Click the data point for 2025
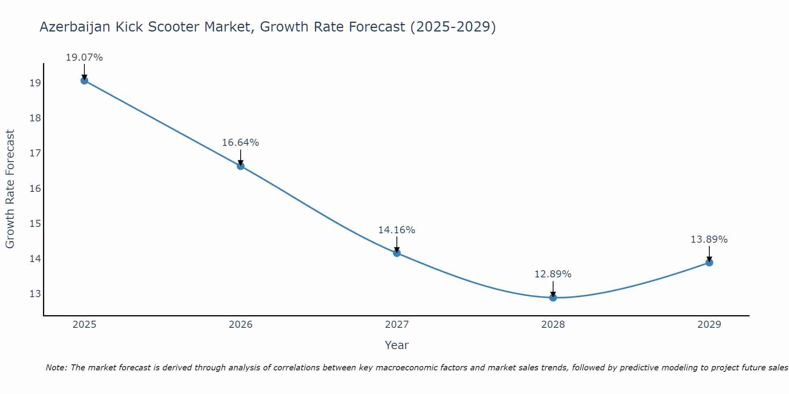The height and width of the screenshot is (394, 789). point(84,80)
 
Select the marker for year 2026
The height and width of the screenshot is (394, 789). point(240,166)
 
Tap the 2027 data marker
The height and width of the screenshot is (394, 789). point(396,253)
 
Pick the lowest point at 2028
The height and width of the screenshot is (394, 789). point(553,297)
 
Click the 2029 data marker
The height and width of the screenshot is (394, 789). point(709,262)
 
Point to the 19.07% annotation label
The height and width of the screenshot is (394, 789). point(84,58)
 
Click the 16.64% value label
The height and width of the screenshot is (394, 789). point(240,143)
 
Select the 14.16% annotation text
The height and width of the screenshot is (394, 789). point(396,230)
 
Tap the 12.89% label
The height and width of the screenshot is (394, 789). point(553,274)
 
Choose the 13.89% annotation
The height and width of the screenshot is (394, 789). point(709,240)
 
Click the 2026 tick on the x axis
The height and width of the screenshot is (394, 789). point(241,325)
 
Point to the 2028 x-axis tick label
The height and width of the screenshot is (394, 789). point(553,325)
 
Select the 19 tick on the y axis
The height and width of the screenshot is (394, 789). point(35,83)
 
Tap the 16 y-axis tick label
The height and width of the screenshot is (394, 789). point(35,188)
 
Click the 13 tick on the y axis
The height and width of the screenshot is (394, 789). point(35,294)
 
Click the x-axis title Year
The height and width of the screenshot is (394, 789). point(396,345)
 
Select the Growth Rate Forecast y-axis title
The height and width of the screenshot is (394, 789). point(10,189)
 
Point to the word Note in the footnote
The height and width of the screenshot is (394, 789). point(56,368)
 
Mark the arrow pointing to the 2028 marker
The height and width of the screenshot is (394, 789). point(553,289)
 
